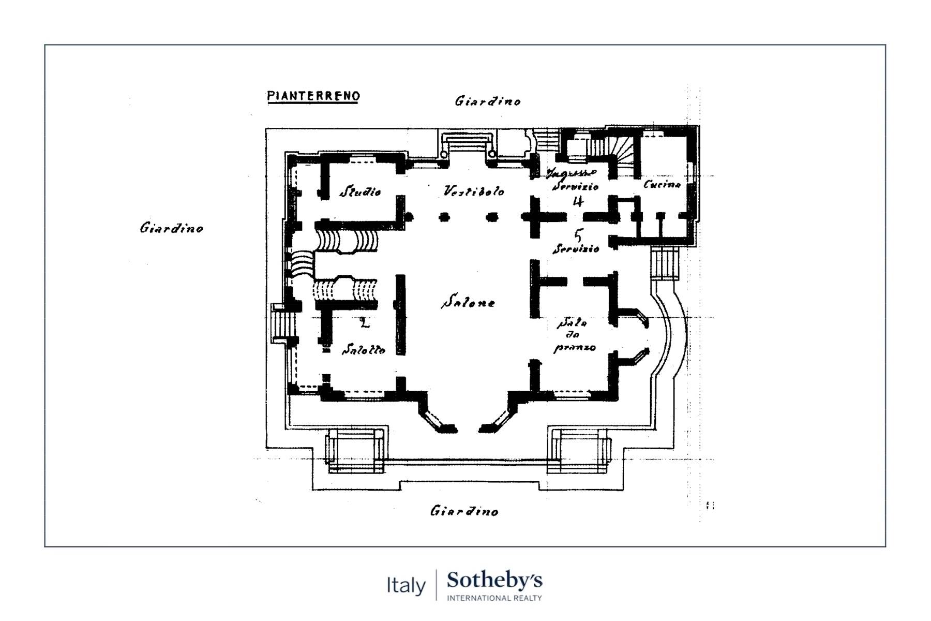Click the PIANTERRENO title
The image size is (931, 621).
point(313,96)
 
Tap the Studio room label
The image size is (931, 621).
point(360,192)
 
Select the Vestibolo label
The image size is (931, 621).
point(474,191)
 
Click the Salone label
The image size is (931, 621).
point(468,302)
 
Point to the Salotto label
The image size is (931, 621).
point(364,350)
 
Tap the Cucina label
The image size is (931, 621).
point(662,184)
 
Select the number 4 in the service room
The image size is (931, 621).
point(578,201)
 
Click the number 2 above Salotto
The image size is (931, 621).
point(364,323)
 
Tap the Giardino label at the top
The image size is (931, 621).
point(487,101)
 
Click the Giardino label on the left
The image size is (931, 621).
point(171,228)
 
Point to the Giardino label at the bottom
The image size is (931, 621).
point(464,511)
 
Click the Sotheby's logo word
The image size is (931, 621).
point(494,581)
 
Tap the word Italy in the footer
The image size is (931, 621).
point(406,586)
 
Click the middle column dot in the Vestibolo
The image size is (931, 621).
point(444,217)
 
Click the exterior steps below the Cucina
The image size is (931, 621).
point(665,263)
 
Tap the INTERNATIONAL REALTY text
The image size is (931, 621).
point(494,598)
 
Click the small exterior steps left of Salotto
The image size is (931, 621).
point(282,324)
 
